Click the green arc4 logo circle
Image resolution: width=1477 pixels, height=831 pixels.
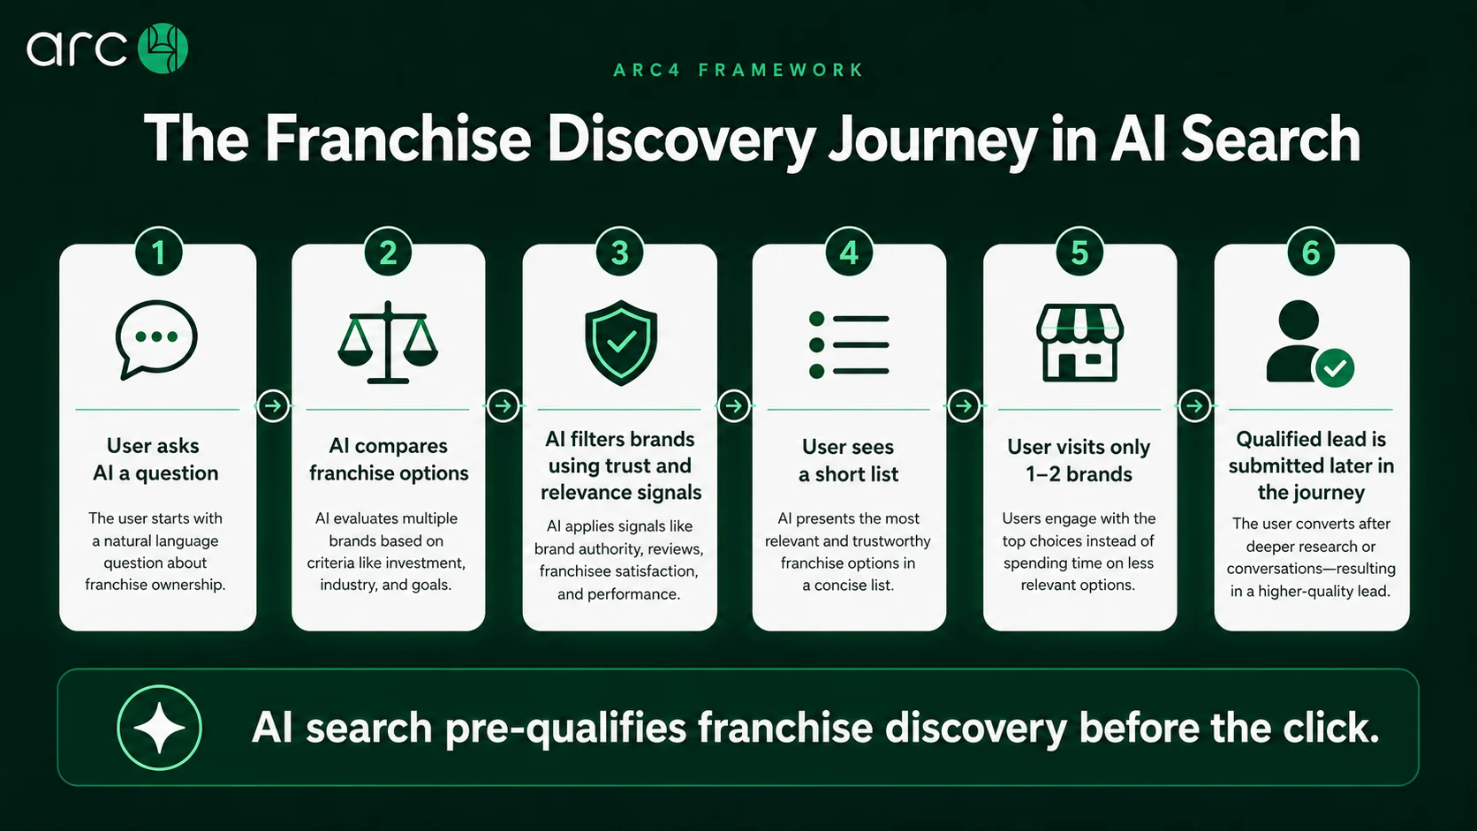click(x=163, y=48)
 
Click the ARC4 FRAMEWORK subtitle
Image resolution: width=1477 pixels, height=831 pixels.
click(x=738, y=70)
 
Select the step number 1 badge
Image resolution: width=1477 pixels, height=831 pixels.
click(x=158, y=253)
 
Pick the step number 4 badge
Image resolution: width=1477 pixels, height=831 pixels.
click(x=849, y=253)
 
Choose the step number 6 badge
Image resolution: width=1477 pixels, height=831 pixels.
click(x=1311, y=253)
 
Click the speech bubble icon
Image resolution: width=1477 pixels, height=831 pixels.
click(x=156, y=339)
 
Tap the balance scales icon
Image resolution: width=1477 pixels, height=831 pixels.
click(x=388, y=342)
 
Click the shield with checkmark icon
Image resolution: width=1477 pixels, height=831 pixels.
click(x=620, y=343)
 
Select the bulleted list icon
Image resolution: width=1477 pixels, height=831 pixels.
click(x=849, y=344)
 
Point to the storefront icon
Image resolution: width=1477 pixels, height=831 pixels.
click(x=1079, y=342)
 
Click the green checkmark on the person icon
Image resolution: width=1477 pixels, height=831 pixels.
click(x=1335, y=367)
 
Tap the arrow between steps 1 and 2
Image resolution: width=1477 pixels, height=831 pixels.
click(x=273, y=406)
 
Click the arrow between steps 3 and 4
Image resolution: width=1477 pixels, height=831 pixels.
click(x=733, y=406)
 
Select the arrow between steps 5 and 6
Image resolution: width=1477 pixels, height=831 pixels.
click(x=1194, y=406)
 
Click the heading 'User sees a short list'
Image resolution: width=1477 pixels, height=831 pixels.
click(x=849, y=460)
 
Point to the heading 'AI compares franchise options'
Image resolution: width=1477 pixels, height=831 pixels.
click(x=389, y=459)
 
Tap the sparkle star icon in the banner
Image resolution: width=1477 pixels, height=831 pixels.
click(x=160, y=728)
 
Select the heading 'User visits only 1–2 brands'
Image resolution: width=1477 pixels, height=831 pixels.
click(x=1079, y=460)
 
